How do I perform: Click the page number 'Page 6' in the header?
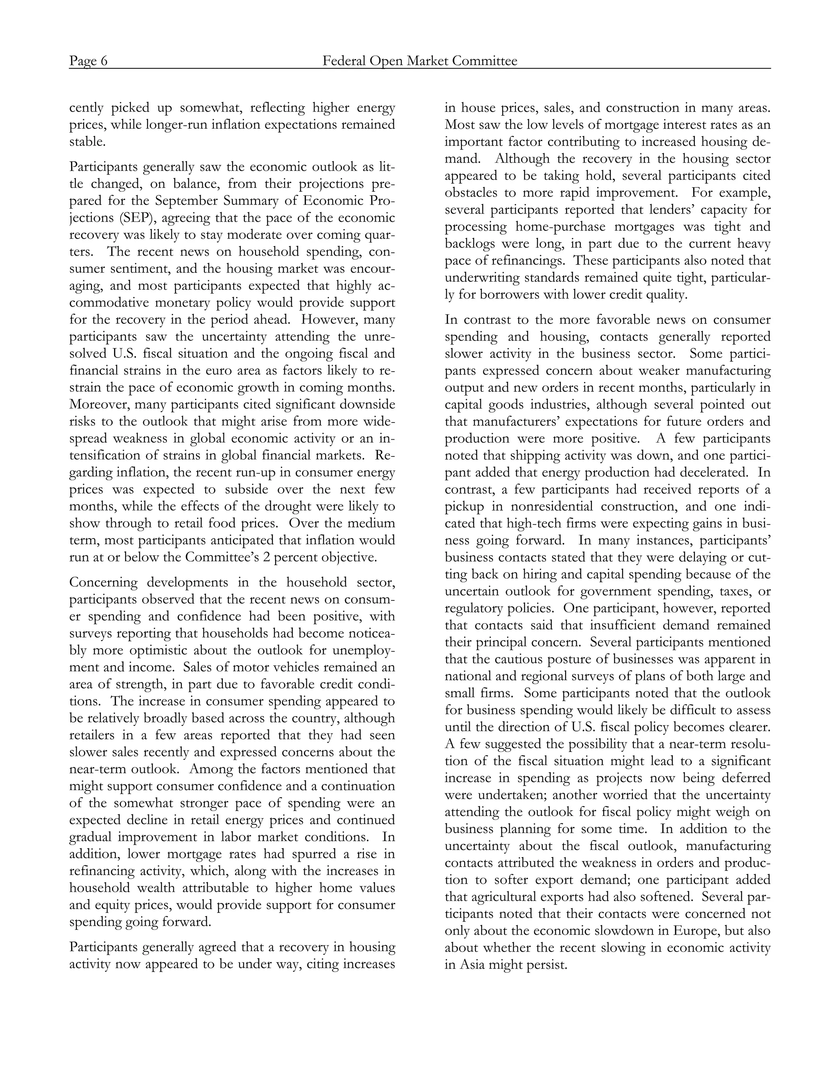click(88, 61)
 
